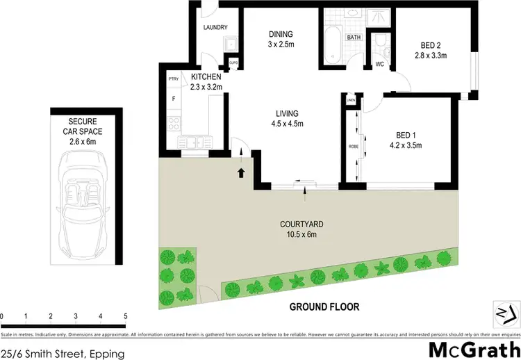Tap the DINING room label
point(281,34)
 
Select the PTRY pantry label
point(174,80)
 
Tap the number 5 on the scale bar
point(126,316)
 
